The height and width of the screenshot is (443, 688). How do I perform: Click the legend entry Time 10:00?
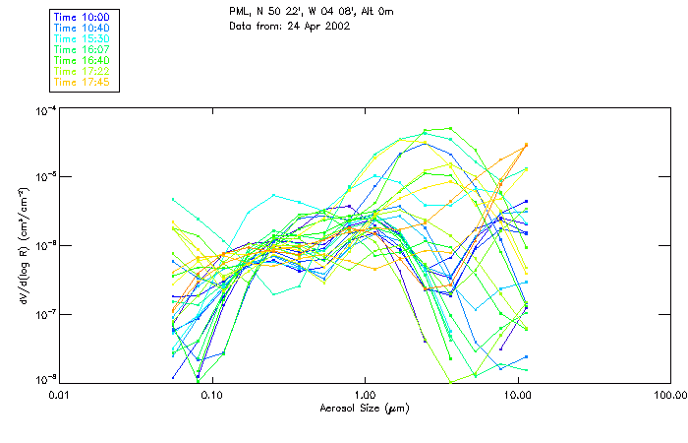[x=82, y=17]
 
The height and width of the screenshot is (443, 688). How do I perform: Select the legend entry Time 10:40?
[x=82, y=28]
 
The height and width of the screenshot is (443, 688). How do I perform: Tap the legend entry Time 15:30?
[x=82, y=38]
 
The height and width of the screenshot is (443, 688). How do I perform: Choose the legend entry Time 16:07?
[x=82, y=49]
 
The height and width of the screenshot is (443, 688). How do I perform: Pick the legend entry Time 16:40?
[x=82, y=60]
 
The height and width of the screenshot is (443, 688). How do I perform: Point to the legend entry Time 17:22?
[x=82, y=71]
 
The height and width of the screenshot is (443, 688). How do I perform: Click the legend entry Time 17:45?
[x=82, y=82]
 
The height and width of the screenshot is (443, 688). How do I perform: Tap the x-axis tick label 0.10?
[x=212, y=395]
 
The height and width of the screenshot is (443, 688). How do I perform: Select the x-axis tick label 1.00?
[x=365, y=395]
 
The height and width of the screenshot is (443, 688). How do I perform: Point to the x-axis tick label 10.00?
[x=517, y=395]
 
